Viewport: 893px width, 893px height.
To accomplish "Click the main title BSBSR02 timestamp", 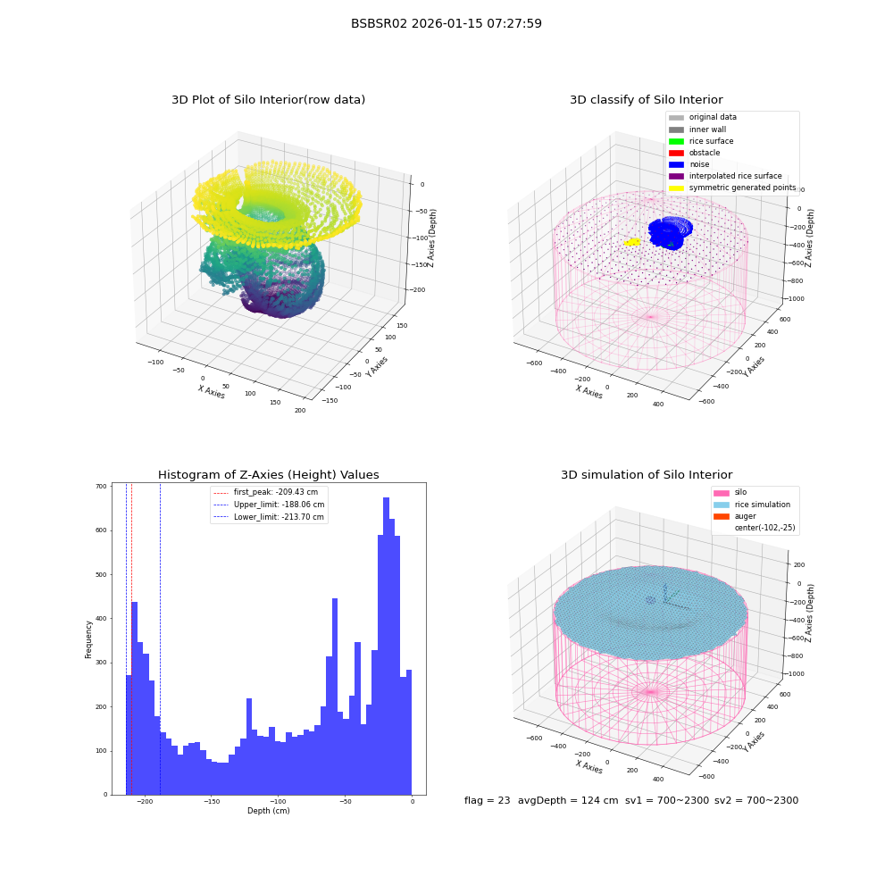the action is (446, 23).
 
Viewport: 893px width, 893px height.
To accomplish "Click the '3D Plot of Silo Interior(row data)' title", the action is (268, 100).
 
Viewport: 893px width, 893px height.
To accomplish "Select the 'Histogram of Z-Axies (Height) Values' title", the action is (268, 474).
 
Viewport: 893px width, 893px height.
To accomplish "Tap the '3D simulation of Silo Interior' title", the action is (647, 474).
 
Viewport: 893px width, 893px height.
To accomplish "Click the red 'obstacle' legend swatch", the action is (676, 153).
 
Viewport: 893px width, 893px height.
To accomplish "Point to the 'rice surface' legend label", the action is (712, 141).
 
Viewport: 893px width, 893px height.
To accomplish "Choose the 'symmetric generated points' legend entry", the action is (732, 188).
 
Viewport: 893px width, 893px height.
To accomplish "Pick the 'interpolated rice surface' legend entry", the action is (725, 176).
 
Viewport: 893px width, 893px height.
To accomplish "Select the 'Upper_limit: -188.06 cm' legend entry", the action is (269, 505).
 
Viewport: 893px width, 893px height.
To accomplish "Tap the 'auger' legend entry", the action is (735, 516).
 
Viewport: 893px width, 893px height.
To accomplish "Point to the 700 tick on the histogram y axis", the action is (102, 487).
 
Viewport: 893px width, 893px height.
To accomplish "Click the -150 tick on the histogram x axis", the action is (211, 801).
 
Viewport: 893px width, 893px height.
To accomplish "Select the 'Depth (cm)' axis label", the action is (268, 811).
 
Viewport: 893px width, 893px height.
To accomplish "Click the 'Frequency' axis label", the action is (88, 639).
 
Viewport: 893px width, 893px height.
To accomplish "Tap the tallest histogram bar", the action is (386, 646).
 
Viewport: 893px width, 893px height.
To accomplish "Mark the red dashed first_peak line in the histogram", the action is (131, 638).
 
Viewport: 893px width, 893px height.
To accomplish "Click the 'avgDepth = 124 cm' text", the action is (568, 800).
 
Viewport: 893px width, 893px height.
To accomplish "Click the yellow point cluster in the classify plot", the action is (632, 242).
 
